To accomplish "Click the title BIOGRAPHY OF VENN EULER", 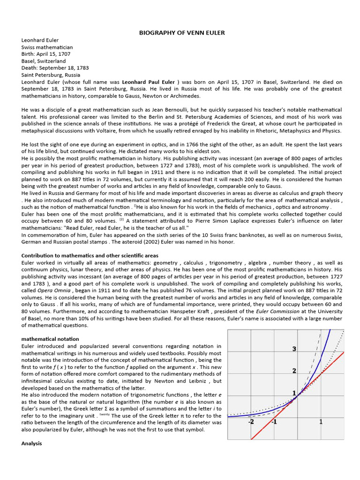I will [182, 33].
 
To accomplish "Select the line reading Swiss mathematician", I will [47, 47].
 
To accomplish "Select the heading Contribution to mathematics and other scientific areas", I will [90, 255].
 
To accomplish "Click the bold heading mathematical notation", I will [50, 339].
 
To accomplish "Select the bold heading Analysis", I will [32, 443].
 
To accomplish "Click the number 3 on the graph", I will [294, 349].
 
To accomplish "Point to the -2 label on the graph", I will [251, 422].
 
